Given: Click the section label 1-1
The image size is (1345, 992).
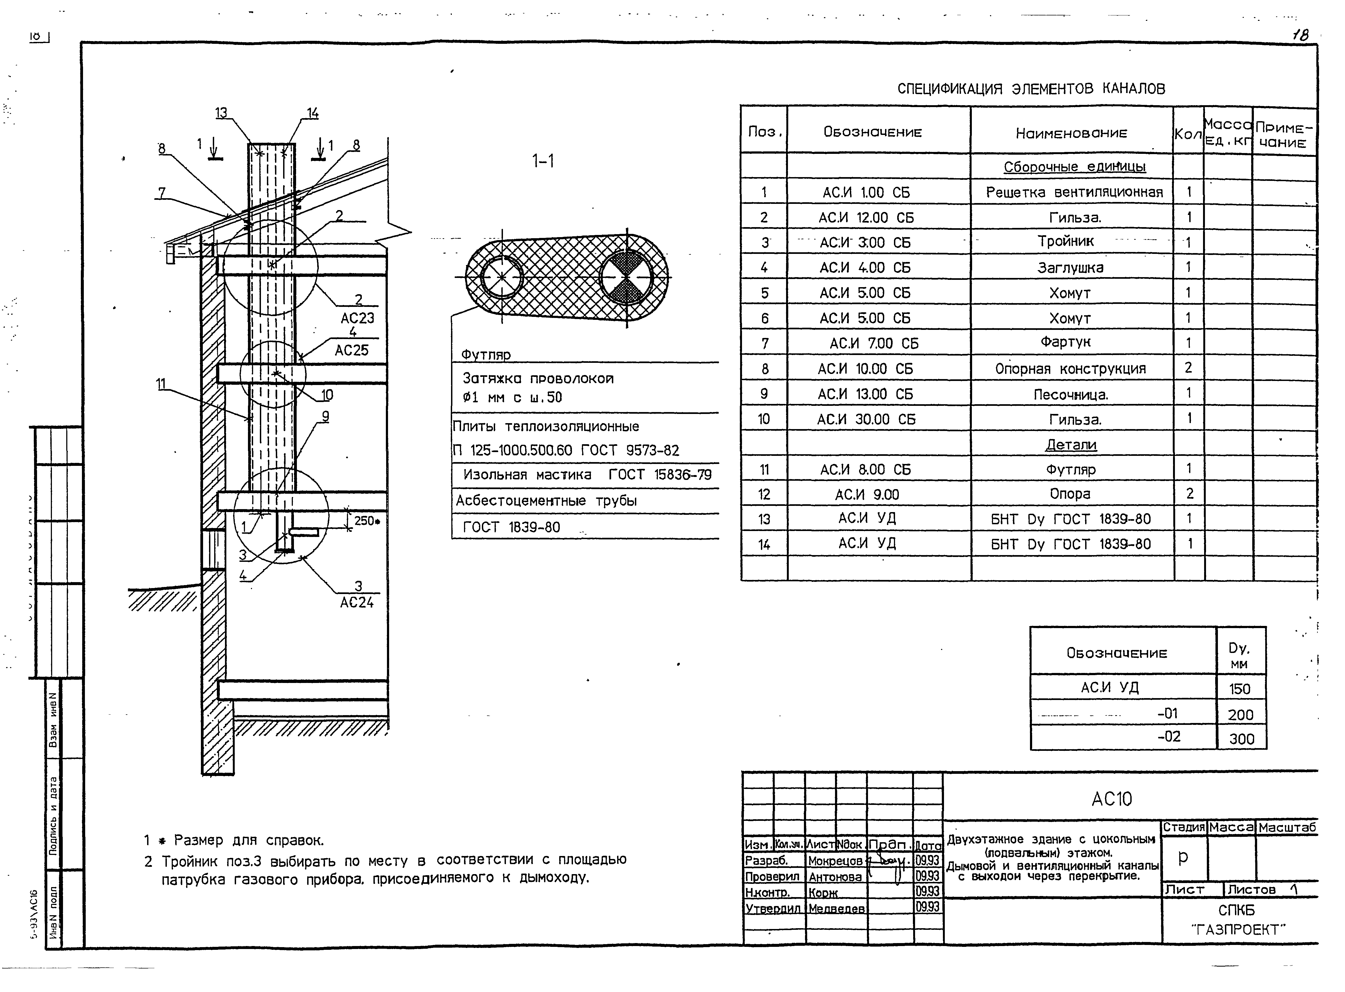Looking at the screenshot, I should [543, 161].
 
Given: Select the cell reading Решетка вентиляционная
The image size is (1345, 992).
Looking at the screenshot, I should [1074, 192].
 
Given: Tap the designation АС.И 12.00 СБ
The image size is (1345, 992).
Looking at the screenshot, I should [866, 217].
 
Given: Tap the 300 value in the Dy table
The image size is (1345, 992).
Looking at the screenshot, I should [1241, 739].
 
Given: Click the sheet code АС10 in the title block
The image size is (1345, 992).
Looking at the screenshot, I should [1111, 799].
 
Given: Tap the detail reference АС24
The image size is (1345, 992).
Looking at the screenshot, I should [357, 602].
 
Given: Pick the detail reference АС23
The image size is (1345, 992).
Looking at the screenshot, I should [357, 318].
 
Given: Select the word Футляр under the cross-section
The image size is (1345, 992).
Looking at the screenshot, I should [486, 354].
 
